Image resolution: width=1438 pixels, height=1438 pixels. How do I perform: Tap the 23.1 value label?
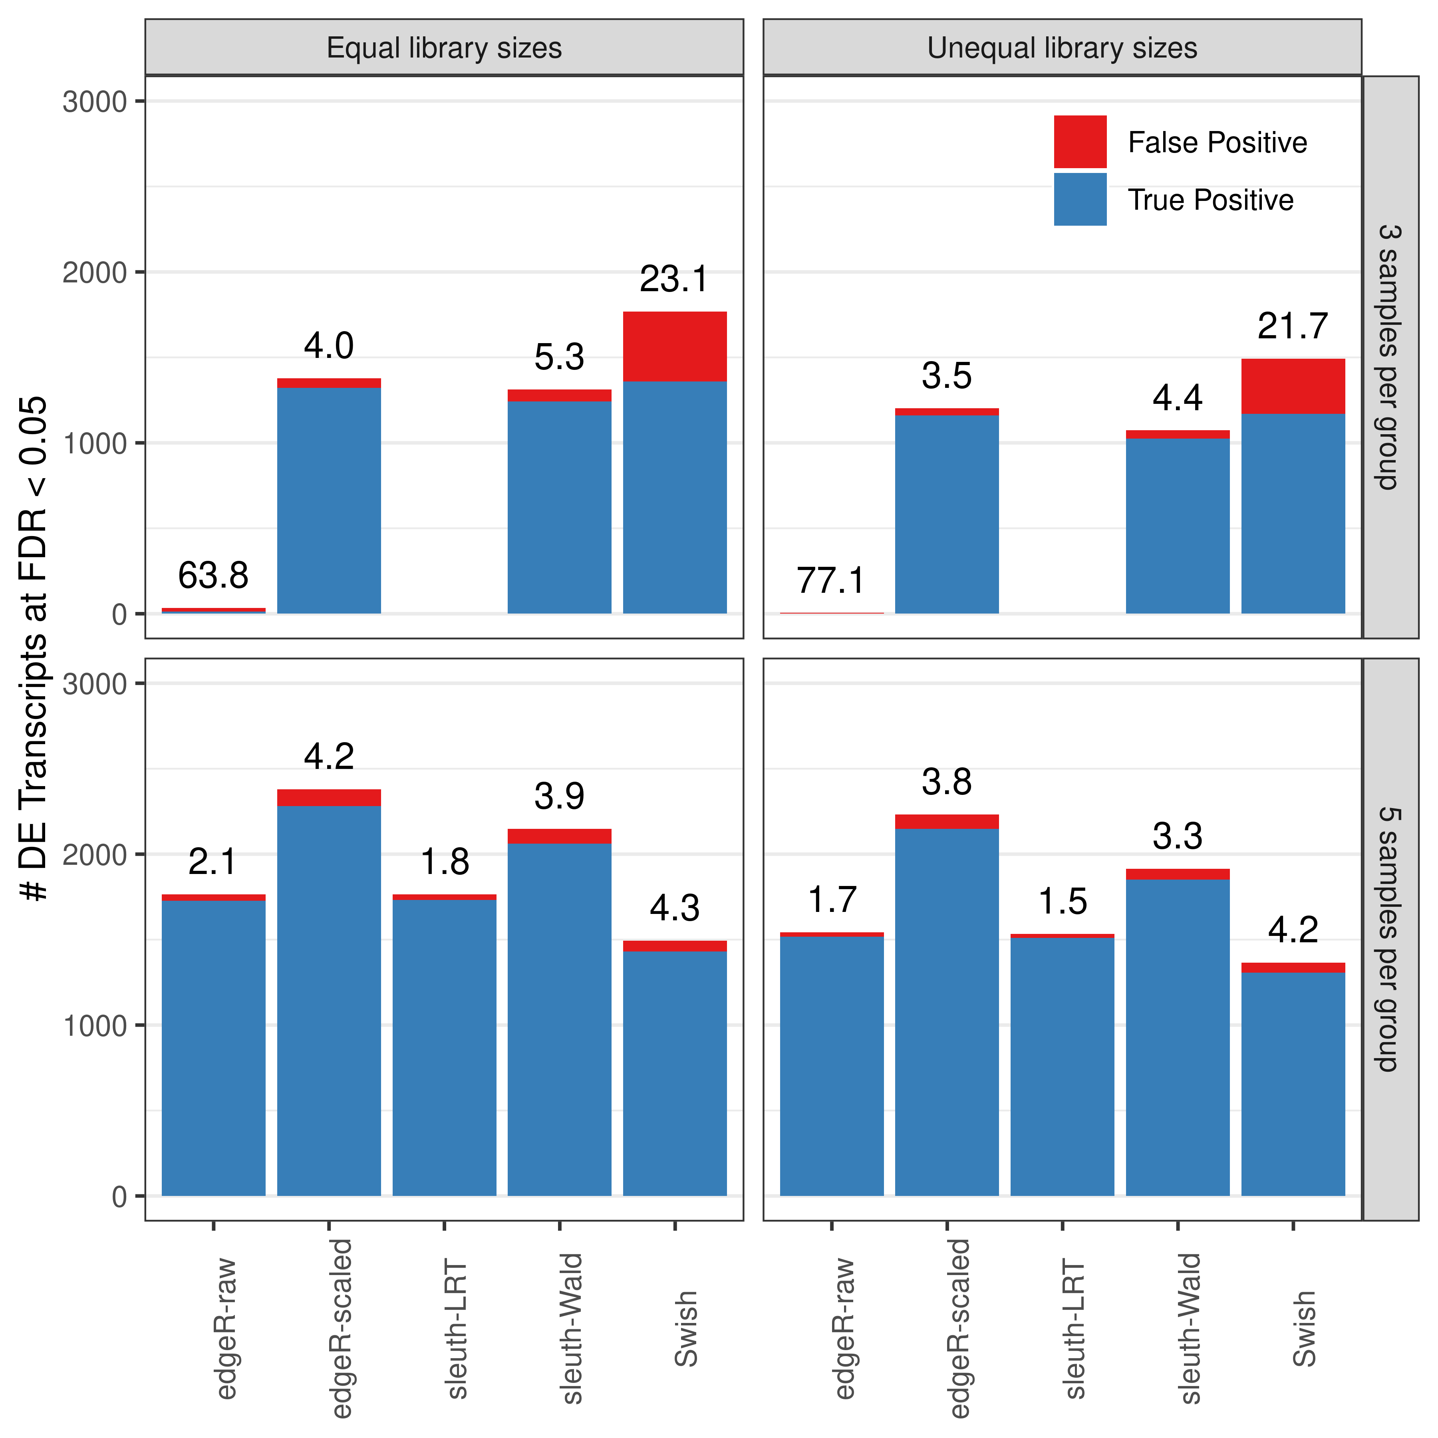[674, 279]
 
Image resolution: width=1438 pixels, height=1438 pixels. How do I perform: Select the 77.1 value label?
[831, 580]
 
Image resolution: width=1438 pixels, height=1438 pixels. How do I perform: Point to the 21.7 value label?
[1293, 326]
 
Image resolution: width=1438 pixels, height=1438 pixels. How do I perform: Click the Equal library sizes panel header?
[444, 48]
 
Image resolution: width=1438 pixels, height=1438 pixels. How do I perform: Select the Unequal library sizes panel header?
[1062, 48]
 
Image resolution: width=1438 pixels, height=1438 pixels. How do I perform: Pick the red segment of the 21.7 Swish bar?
[1293, 386]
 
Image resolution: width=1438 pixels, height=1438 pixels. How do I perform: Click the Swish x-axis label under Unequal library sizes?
[1304, 1329]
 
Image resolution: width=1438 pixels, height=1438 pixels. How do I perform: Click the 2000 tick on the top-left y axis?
[95, 272]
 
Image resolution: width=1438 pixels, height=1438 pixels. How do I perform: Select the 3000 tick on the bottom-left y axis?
[95, 684]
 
